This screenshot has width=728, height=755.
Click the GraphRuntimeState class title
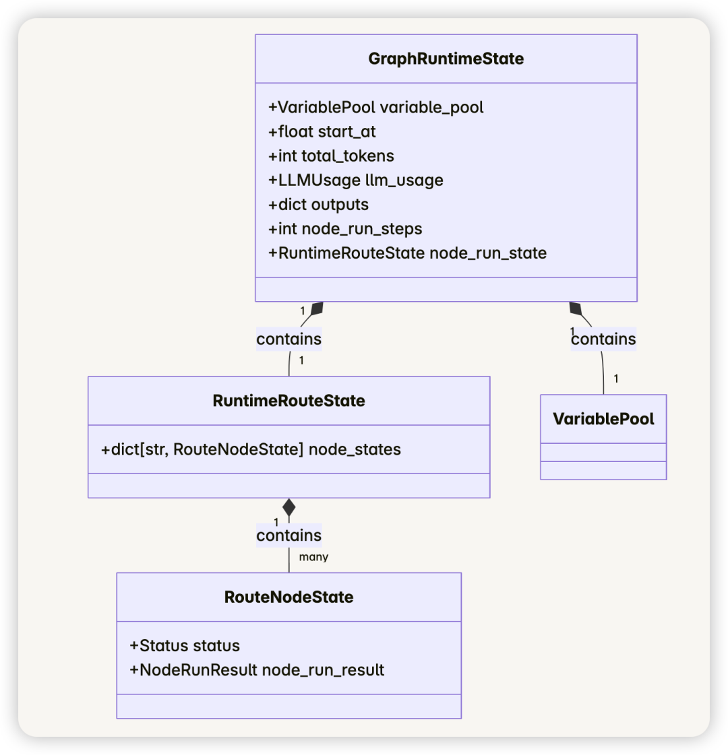[446, 59]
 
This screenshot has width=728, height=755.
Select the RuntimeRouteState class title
[289, 401]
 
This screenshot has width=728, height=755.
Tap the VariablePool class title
[603, 419]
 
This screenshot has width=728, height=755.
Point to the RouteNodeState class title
[289, 597]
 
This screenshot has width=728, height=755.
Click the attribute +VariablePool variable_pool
[376, 107]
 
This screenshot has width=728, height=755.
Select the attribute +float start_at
[322, 131]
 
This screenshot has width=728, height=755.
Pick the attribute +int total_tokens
[331, 156]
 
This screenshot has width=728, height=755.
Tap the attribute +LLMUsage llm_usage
[355, 180]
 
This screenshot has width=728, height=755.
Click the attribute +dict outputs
[318, 205]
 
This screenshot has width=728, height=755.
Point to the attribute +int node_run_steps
[345, 229]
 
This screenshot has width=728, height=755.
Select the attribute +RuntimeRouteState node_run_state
[408, 253]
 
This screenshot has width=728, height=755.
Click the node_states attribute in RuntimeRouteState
[251, 449]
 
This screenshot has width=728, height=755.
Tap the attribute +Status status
[185, 646]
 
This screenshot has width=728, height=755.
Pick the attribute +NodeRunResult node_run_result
[257, 669]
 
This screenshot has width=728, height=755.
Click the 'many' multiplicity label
[313, 557]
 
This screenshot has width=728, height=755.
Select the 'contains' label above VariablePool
[603, 339]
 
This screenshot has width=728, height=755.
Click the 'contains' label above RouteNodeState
[289, 535]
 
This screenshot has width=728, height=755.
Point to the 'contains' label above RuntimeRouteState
[289, 339]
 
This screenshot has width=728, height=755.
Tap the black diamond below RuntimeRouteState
[289, 508]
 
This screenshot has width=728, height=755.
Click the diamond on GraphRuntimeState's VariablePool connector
[575, 308]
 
